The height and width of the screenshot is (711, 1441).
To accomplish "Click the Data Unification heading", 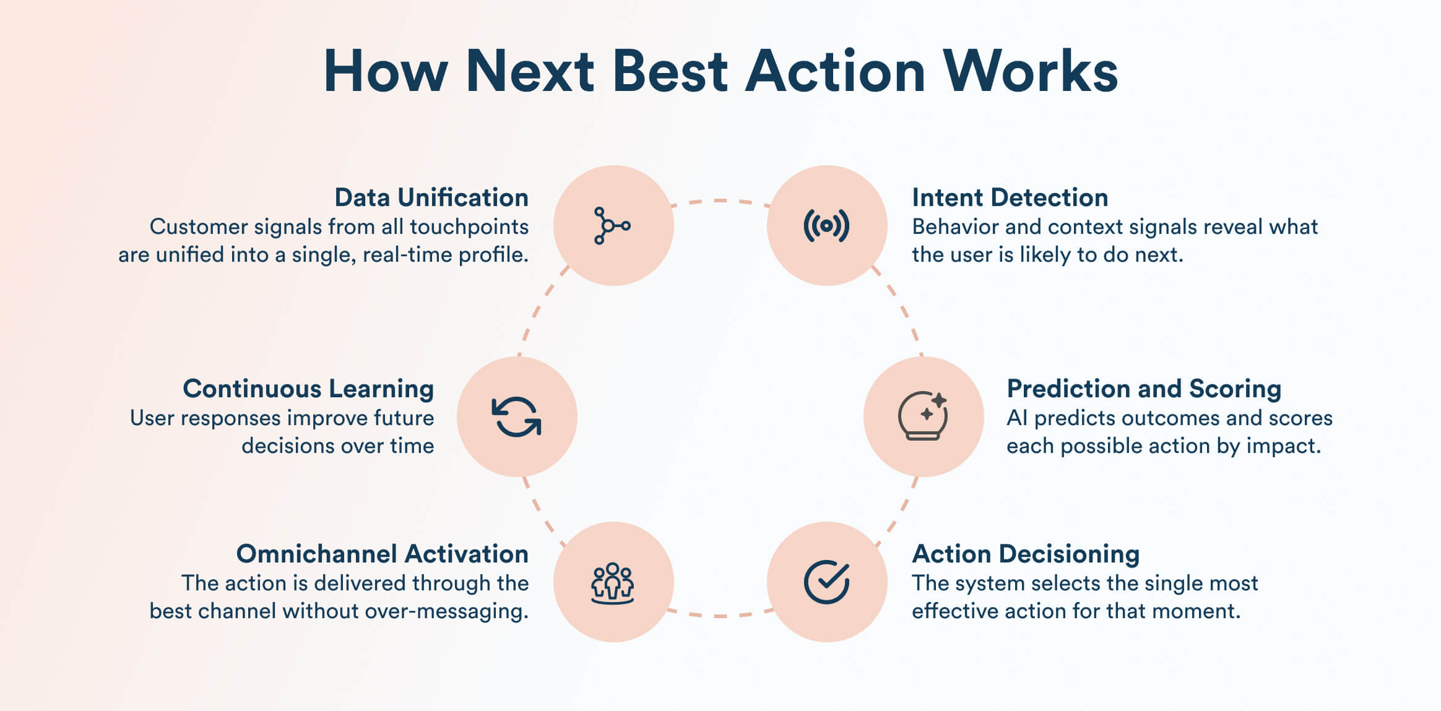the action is point(431,197).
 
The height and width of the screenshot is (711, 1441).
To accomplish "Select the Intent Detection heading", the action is point(1010,197).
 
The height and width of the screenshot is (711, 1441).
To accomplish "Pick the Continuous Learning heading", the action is point(308,389).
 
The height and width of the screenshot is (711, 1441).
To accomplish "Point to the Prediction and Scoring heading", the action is point(1144,389).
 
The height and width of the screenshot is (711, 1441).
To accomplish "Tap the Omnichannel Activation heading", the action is point(383,554).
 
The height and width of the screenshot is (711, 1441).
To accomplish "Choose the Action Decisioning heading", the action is point(1026,554).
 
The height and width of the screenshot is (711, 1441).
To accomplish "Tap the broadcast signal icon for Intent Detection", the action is point(826,226).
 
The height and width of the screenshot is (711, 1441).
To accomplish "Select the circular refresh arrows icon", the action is point(517,416).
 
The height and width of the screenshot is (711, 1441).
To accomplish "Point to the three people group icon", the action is point(613,583).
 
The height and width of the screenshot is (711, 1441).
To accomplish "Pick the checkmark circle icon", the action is point(827,582).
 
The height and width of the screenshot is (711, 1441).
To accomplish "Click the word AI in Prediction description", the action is point(1017,418).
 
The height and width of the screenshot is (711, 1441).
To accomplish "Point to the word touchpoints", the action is point(469,227).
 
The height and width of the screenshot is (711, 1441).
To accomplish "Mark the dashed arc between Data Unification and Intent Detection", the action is point(720,200).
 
